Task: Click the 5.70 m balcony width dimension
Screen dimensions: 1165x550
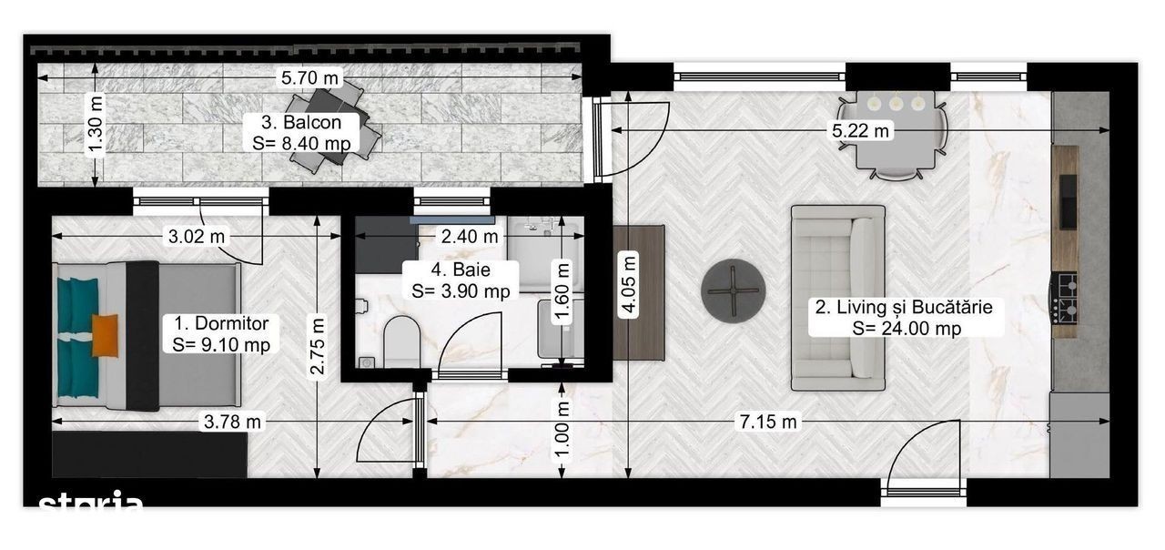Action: coord(309,78)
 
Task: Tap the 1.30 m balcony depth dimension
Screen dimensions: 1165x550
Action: coord(96,125)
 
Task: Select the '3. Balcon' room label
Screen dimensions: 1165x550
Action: coord(301,122)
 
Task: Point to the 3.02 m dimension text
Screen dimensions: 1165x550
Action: coord(196,237)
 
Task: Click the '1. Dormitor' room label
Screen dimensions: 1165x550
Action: coord(221,323)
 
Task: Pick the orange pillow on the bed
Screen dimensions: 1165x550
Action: coord(105,336)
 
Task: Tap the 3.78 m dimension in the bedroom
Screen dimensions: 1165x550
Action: coord(232,421)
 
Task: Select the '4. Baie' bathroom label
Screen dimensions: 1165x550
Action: coord(461,270)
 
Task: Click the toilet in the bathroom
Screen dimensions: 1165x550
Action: coord(401,341)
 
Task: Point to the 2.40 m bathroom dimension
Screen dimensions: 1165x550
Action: coord(469,237)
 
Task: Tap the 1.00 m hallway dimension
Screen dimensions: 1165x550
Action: coord(562,431)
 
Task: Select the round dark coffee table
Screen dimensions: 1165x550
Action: coord(733,290)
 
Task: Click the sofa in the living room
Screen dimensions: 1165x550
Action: coord(838,298)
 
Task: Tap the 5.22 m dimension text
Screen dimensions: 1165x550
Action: coord(860,130)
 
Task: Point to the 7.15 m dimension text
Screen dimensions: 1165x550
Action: coord(767,421)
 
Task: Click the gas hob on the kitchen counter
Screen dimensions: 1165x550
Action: coord(1065,297)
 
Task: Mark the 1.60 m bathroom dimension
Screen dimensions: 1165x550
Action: coord(562,292)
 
